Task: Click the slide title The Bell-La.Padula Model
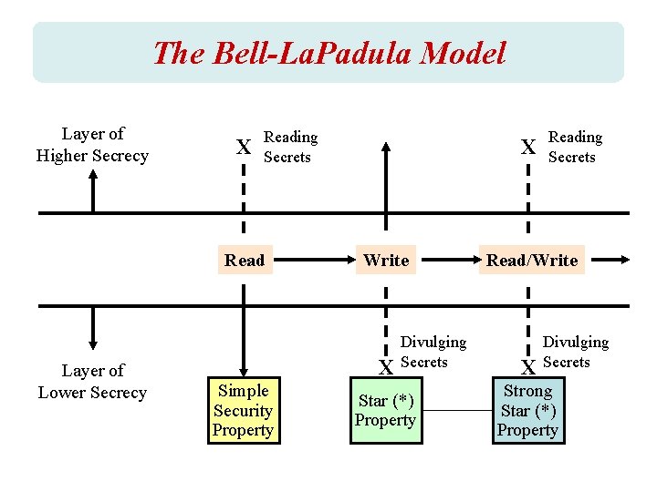point(328,53)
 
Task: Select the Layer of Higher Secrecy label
point(92,145)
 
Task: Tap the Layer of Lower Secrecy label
point(92,382)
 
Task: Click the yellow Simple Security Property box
point(243,411)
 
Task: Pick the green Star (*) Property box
point(386,411)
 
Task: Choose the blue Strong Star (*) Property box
point(527,411)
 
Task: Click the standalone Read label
point(245,261)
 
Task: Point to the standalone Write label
point(386,261)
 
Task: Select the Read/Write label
point(532,261)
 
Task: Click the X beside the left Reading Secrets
point(244,148)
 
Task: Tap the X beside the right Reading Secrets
point(527,148)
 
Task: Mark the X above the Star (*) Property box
point(386,368)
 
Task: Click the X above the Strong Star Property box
point(527,368)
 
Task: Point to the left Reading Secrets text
point(290,148)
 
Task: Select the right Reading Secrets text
point(575,148)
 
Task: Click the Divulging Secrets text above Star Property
point(433,352)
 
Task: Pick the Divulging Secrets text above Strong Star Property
point(575,352)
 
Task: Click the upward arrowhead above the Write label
point(386,146)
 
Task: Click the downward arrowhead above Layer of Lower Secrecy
point(92,343)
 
